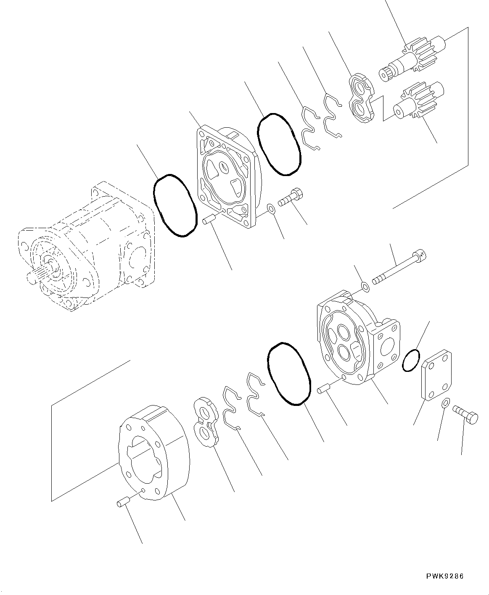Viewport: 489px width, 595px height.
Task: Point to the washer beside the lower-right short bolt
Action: point(446,403)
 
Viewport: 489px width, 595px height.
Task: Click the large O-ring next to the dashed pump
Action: point(174,205)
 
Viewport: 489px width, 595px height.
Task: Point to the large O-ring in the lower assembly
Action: point(289,373)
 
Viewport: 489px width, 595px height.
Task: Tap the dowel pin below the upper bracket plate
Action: point(209,220)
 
